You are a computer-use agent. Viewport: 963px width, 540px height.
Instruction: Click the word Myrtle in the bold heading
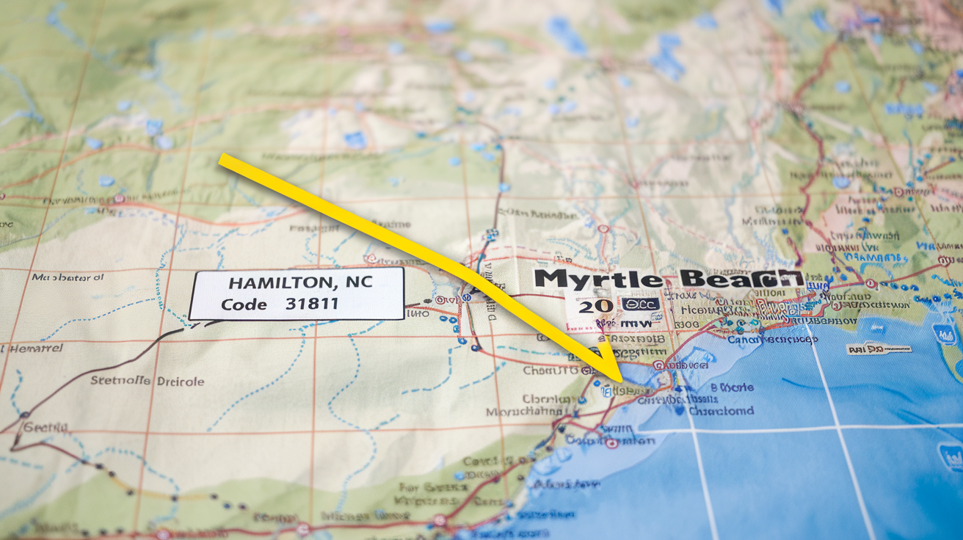(597, 279)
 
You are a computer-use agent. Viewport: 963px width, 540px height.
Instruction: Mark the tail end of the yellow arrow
(222, 159)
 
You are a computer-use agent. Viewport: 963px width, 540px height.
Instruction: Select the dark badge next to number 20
(640, 304)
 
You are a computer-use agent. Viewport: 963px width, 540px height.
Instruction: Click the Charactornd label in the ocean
(721, 411)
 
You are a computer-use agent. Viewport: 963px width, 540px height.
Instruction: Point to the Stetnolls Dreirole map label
(147, 381)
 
